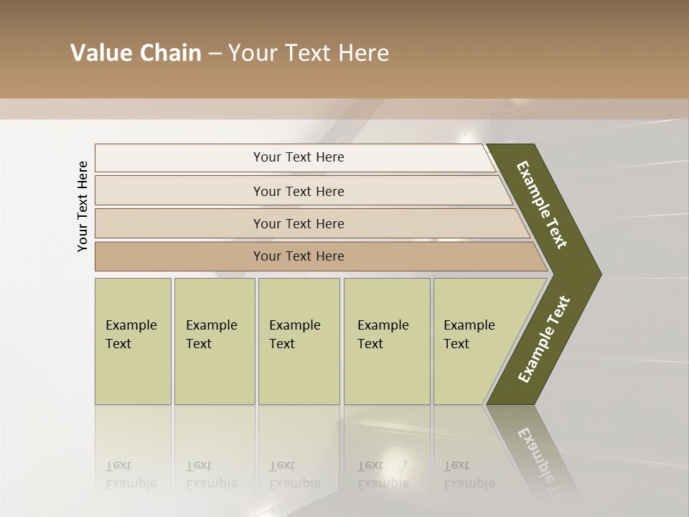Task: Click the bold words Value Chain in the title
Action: click(136, 53)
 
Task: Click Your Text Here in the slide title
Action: click(309, 53)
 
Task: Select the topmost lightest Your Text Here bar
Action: click(299, 157)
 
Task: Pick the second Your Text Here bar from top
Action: click(299, 191)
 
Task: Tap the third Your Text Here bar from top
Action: click(299, 223)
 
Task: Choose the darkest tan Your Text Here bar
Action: click(299, 256)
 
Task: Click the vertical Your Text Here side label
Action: click(83, 206)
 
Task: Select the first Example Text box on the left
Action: click(133, 340)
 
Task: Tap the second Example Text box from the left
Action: click(214, 340)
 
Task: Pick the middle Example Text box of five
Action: click(298, 340)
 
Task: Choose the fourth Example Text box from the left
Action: click(386, 340)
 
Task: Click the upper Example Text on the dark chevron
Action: click(542, 205)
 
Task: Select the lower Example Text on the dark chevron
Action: click(544, 340)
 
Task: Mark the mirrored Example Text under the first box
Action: click(131, 475)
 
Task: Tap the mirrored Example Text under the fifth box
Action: click(469, 475)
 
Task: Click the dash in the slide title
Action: click(215, 54)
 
